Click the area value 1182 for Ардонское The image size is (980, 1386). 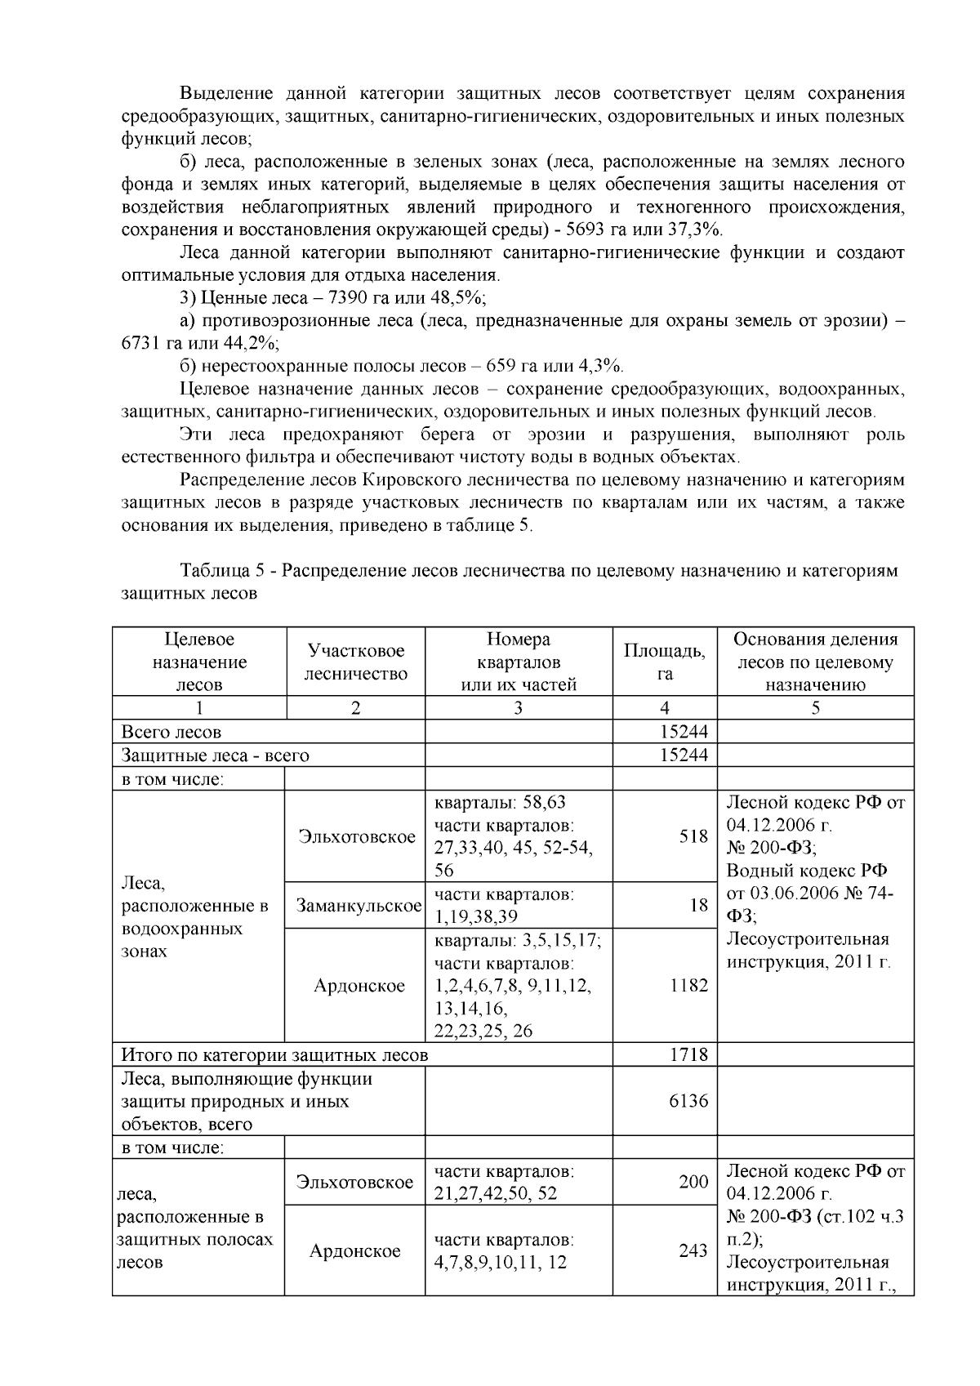click(688, 985)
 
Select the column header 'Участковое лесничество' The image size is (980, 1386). click(355, 662)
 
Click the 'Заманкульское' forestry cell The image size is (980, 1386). click(359, 905)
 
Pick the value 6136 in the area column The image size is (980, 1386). click(688, 1101)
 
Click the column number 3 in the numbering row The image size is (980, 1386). click(518, 708)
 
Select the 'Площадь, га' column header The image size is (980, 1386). click(664, 662)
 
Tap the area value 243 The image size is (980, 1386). click(693, 1250)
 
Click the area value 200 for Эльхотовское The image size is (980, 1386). click(693, 1181)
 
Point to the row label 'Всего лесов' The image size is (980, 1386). click(171, 732)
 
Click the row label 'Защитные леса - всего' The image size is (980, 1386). click(216, 755)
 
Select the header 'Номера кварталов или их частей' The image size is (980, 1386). click(518, 662)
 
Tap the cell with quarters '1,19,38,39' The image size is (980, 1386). click(476, 916)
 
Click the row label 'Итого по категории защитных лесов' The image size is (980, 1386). click(274, 1054)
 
